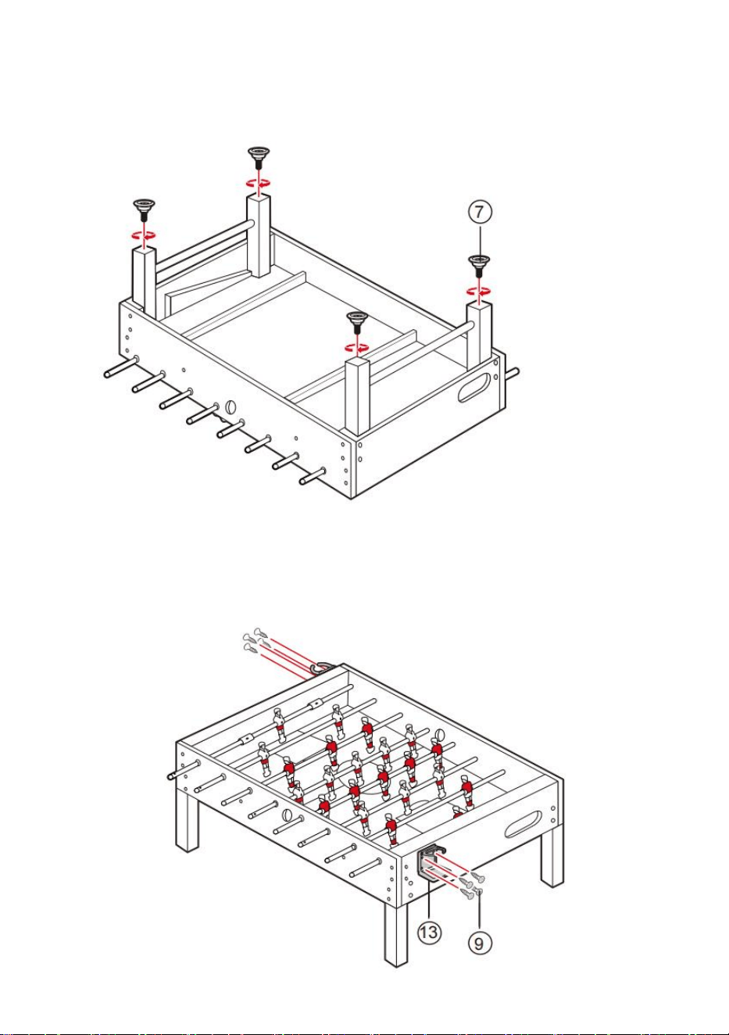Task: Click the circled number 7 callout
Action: pos(480,212)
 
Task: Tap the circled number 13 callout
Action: pos(429,932)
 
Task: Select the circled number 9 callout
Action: pos(479,943)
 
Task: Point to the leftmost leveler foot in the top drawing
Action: pos(144,210)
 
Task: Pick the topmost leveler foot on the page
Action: pos(259,156)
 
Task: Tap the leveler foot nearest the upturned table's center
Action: pos(356,321)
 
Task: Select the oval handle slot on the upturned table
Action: pos(474,388)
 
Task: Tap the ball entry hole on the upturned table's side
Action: pos(230,407)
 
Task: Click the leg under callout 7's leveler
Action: pos(479,335)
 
